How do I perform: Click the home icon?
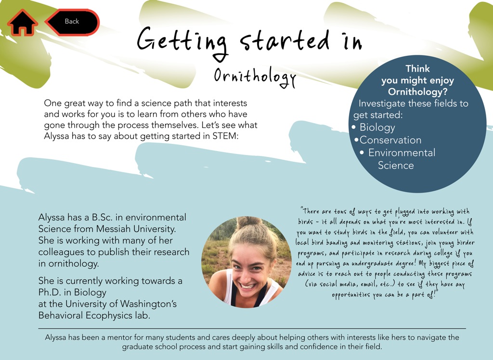pyautogui.click(x=22, y=22)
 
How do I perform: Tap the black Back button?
pyautogui.click(x=72, y=22)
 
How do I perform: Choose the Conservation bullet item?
pyautogui.click(x=390, y=140)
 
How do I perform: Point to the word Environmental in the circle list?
pyautogui.click(x=402, y=153)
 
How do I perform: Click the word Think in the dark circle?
pyautogui.click(x=417, y=68)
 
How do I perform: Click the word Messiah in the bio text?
pyautogui.click(x=114, y=229)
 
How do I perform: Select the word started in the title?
pyautogui.click(x=285, y=41)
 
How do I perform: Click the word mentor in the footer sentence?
pyautogui.click(x=119, y=338)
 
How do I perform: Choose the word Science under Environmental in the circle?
pyautogui.click(x=396, y=166)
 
